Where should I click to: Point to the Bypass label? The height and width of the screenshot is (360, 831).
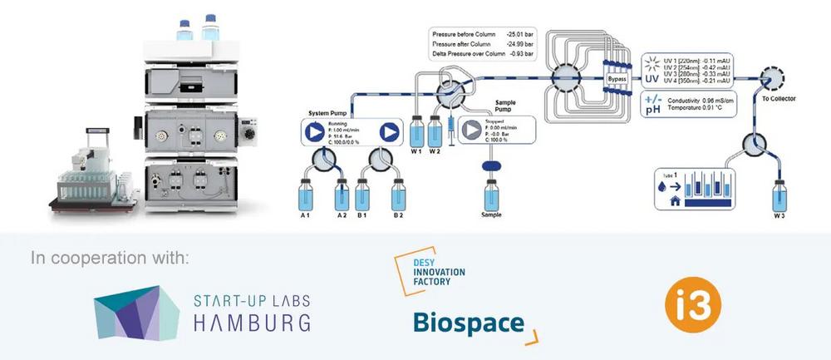pyautogui.click(x=617, y=79)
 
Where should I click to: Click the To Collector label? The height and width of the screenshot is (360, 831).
pyautogui.click(x=779, y=99)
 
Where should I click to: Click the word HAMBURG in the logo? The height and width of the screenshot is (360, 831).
pyautogui.click(x=252, y=322)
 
